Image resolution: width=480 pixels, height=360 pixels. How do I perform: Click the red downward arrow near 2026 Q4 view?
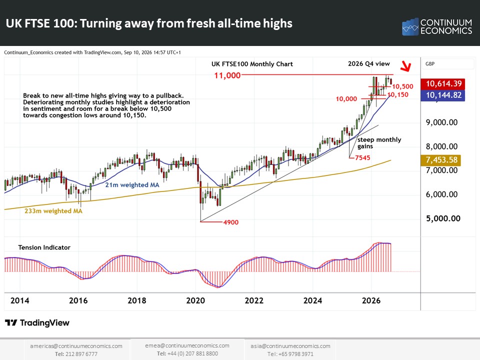click(406, 66)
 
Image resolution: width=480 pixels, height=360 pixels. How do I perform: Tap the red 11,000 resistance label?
click(227, 75)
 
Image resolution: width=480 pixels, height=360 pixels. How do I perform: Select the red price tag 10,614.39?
click(443, 83)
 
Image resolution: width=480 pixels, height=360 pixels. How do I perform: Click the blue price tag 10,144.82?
click(443, 95)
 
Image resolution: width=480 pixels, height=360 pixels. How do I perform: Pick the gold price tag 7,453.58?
click(441, 160)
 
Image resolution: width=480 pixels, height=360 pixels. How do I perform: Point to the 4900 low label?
click(231, 222)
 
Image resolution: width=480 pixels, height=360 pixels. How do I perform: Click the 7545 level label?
click(362, 157)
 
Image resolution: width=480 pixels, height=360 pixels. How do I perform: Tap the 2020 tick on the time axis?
click(195, 300)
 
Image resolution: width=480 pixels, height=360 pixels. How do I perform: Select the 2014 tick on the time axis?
click(20, 300)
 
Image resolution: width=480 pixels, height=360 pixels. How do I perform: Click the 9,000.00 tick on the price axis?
click(441, 122)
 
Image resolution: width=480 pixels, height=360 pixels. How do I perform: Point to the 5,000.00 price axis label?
click(443, 218)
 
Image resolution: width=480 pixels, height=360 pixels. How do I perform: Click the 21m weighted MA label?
click(132, 185)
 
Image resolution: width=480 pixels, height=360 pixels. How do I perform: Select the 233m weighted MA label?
click(53, 211)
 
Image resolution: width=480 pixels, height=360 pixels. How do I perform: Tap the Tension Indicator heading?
click(44, 247)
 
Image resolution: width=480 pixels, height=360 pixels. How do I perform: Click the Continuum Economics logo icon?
click(410, 26)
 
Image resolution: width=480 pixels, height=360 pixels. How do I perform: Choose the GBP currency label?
click(430, 63)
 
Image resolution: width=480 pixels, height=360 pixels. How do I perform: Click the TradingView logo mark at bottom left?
click(11, 322)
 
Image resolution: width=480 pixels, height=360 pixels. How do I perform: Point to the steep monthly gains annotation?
click(379, 143)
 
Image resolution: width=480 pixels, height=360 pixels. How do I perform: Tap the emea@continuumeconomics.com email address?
click(187, 345)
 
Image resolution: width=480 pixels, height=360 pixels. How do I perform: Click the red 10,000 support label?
click(346, 99)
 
